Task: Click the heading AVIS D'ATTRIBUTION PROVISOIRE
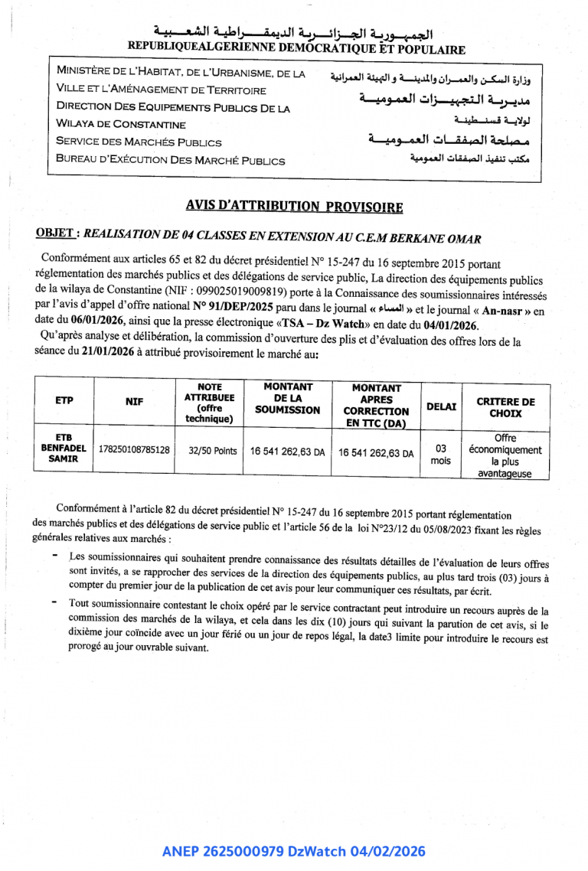coord(294,206)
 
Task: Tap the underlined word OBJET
coord(55,233)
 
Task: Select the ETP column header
coord(64,400)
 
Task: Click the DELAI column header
coord(441,406)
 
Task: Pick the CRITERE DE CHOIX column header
coord(505,407)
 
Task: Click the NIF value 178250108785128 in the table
coord(134,450)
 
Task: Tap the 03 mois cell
coord(441,454)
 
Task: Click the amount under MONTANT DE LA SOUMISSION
coord(287,452)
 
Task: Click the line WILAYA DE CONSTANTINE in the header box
coord(121,124)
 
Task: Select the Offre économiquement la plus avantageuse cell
coord(505,455)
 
